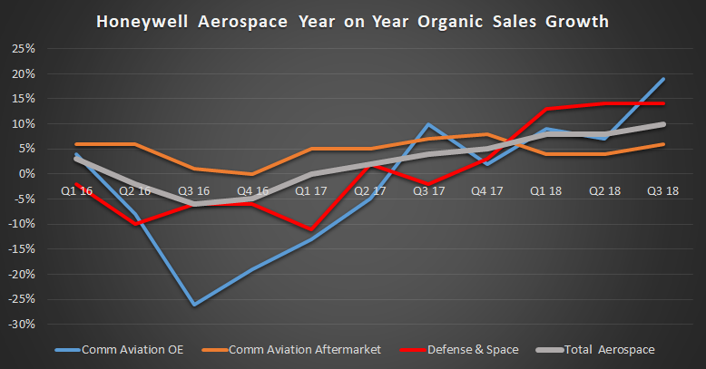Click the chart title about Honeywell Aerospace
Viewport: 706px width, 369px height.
[x=353, y=19]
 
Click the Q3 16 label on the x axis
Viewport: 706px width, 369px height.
[x=193, y=191]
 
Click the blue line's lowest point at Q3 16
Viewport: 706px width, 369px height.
[x=193, y=304]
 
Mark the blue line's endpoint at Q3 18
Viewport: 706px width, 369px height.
[x=663, y=79]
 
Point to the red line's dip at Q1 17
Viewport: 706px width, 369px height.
[x=310, y=229]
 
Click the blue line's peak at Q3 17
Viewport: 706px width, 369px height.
[x=428, y=124]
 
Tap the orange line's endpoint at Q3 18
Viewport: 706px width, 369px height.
[x=663, y=144]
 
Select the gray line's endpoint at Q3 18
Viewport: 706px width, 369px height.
[x=663, y=124]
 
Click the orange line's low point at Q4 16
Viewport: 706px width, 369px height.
[x=252, y=174]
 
